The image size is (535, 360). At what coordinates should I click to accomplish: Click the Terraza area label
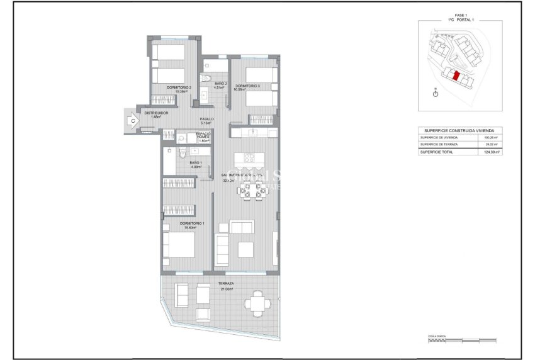226,284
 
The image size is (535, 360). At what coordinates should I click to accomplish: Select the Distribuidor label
156,113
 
